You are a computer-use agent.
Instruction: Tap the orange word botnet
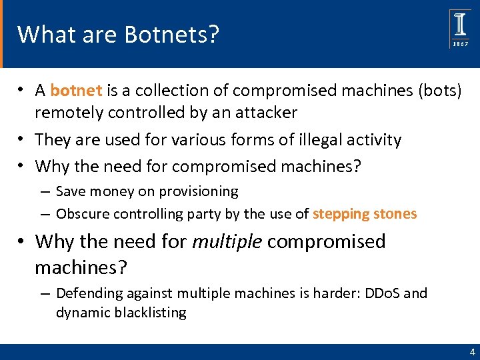pos(76,90)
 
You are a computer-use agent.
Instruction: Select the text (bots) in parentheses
pos(439,90)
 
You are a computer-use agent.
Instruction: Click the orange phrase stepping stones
pos(365,214)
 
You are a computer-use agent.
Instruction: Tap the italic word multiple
pos(227,241)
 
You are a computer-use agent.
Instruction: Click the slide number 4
pos(472,352)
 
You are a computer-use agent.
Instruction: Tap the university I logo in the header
pos(460,25)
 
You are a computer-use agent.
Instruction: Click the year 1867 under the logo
pos(461,43)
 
